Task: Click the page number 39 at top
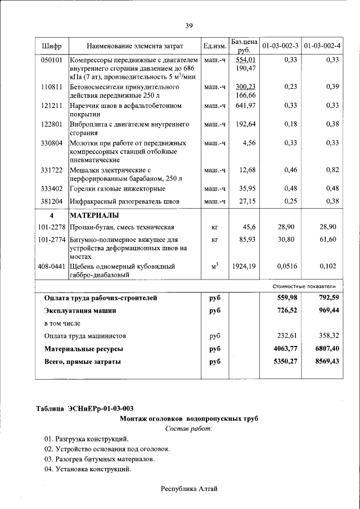point(188,25)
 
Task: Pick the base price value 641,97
point(246,105)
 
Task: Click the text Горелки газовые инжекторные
point(117,188)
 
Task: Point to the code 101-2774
point(51,240)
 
